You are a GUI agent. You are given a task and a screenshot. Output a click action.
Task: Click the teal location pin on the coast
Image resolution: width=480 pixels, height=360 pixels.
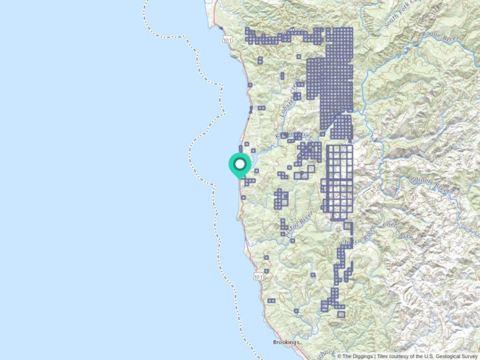click(x=239, y=165)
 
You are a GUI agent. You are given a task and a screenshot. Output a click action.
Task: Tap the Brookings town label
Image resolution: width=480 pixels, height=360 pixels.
click(x=286, y=342)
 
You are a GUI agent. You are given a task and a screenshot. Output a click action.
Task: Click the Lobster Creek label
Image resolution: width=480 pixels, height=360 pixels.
click(x=288, y=99)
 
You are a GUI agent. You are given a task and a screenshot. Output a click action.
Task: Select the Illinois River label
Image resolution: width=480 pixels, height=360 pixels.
click(x=440, y=187)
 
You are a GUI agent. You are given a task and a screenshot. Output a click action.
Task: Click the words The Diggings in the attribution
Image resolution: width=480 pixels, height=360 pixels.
click(x=357, y=356)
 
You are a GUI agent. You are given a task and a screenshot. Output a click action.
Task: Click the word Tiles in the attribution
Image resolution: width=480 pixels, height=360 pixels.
click(x=384, y=356)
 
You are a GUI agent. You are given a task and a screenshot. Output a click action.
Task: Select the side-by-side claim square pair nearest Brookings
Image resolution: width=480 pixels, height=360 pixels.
click(x=270, y=300)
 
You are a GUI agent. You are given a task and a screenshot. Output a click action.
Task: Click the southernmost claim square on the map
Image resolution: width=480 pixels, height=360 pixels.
click(x=340, y=314)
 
